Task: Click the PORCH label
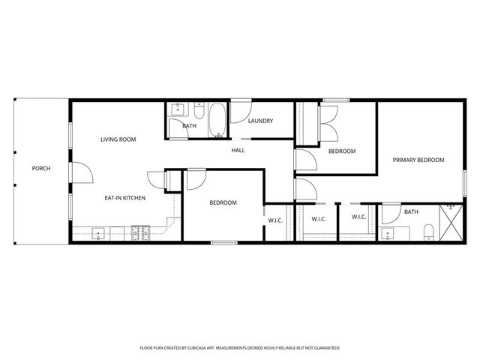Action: tap(41, 168)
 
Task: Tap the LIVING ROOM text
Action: tap(118, 139)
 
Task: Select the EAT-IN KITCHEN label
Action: tap(124, 198)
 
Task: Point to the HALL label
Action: tap(238, 150)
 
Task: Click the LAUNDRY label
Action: tap(260, 121)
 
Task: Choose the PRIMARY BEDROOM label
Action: tap(419, 160)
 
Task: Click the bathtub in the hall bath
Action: tap(216, 121)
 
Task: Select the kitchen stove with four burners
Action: tap(140, 233)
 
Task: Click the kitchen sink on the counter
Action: tap(100, 234)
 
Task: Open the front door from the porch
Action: tap(81, 171)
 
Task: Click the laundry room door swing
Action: tap(241, 113)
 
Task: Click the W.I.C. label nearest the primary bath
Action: tap(358, 217)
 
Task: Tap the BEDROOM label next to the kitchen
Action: tap(223, 202)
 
